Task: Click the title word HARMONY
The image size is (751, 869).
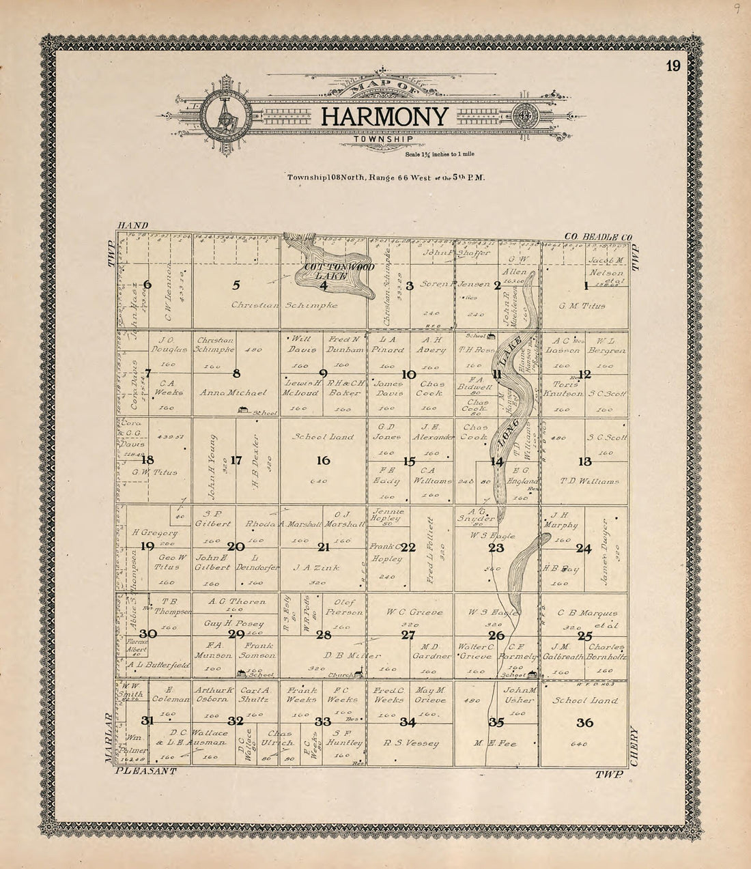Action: pos(385,117)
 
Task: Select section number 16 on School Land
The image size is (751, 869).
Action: pos(323,461)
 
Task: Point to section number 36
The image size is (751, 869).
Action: pos(584,723)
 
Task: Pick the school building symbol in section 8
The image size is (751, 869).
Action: pos(242,410)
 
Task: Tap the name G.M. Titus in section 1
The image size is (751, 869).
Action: pos(582,306)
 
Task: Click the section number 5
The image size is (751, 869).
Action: pos(236,285)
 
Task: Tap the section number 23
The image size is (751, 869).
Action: pos(496,547)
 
